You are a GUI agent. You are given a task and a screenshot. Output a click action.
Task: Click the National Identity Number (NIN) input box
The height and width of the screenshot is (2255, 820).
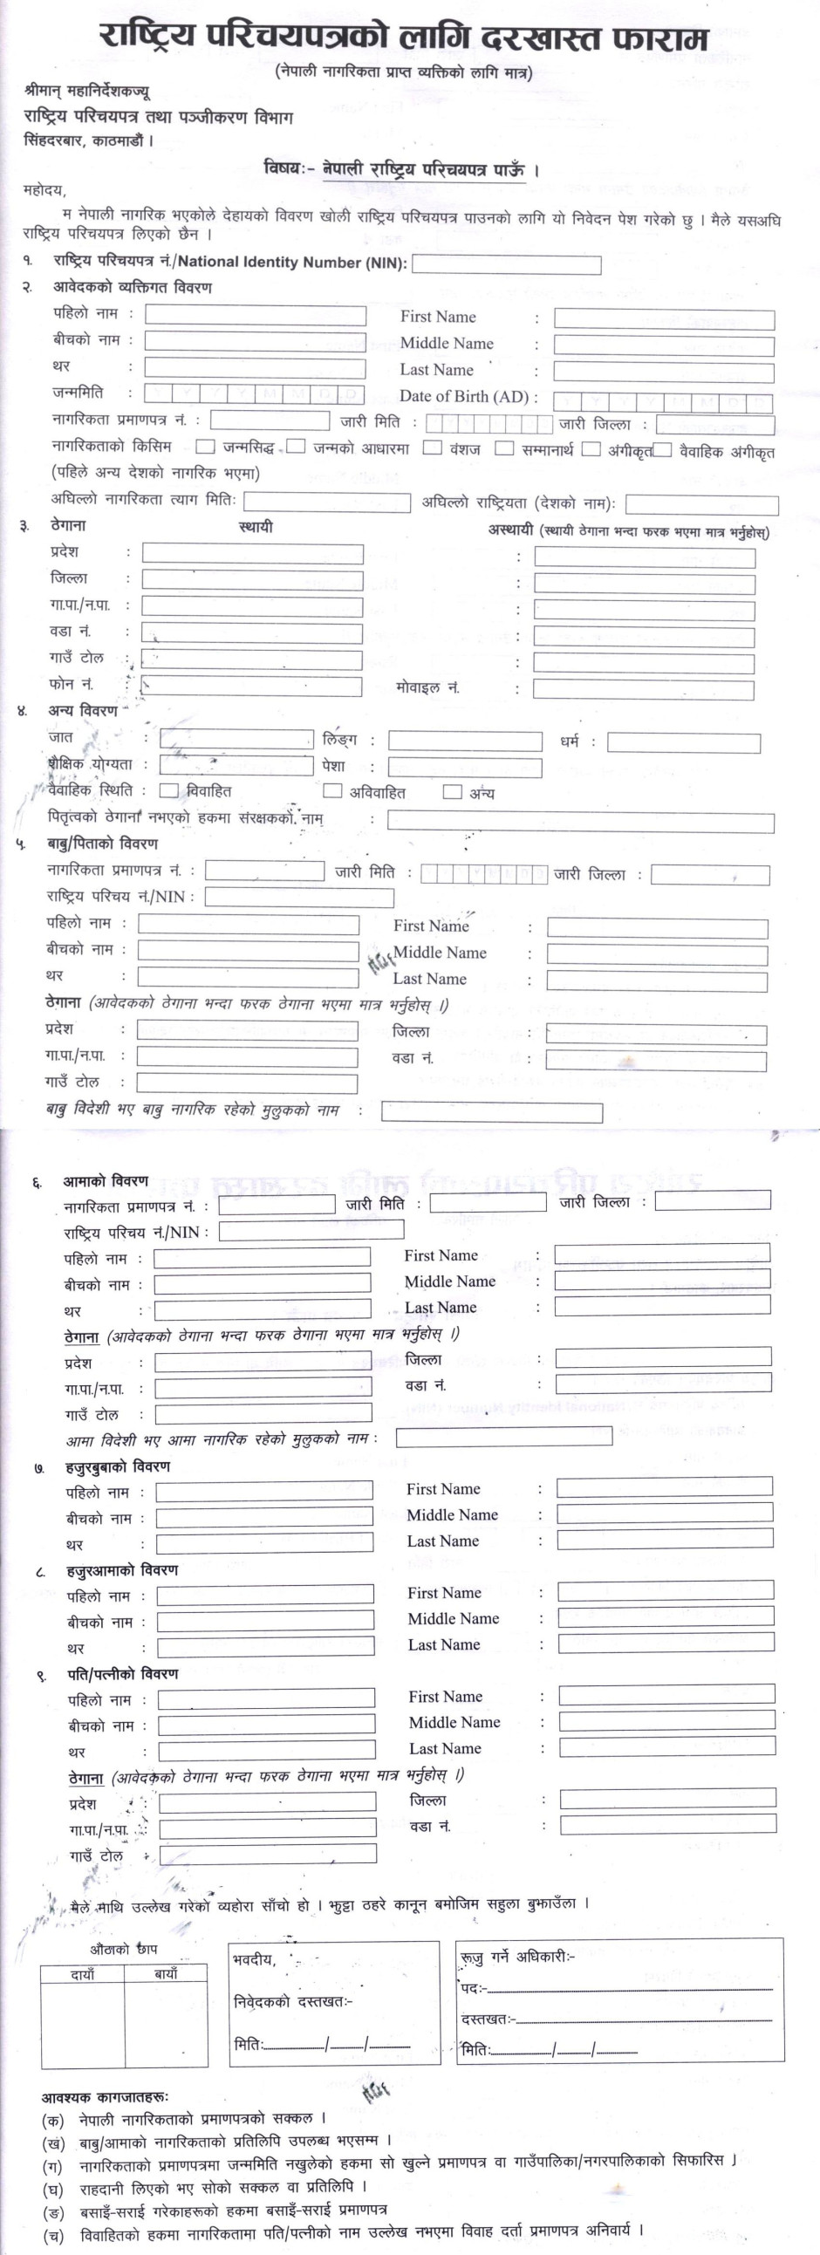tap(506, 264)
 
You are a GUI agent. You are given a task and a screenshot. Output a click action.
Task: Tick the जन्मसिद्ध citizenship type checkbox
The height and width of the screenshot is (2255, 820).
tap(206, 447)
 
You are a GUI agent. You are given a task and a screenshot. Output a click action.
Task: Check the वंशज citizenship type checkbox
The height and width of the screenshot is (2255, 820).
tap(432, 448)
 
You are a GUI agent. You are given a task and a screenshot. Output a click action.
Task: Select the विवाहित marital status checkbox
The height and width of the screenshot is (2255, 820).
tap(169, 790)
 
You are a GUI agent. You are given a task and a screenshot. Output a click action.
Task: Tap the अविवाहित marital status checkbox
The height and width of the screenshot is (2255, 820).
tap(331, 791)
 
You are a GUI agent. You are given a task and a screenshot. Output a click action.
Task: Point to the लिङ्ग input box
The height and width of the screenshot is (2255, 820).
tap(465, 741)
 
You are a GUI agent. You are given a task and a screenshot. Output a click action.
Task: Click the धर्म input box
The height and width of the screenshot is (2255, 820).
tap(684, 743)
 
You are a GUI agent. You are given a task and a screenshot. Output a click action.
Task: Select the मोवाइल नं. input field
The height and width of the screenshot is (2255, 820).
tap(643, 689)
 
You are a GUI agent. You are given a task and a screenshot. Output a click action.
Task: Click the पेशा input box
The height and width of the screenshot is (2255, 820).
tap(465, 768)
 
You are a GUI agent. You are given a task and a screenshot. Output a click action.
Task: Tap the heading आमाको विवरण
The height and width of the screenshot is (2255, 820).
tap(105, 1181)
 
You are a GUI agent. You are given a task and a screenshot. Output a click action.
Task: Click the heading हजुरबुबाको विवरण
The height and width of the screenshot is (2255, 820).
tap(117, 1466)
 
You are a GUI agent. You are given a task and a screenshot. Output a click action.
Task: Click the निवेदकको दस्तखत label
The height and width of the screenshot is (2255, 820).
tap(292, 2001)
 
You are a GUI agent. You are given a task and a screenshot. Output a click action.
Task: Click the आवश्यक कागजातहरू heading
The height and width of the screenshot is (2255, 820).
tap(104, 2097)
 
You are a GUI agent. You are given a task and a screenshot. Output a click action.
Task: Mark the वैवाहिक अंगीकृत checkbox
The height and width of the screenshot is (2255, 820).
tap(663, 450)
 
